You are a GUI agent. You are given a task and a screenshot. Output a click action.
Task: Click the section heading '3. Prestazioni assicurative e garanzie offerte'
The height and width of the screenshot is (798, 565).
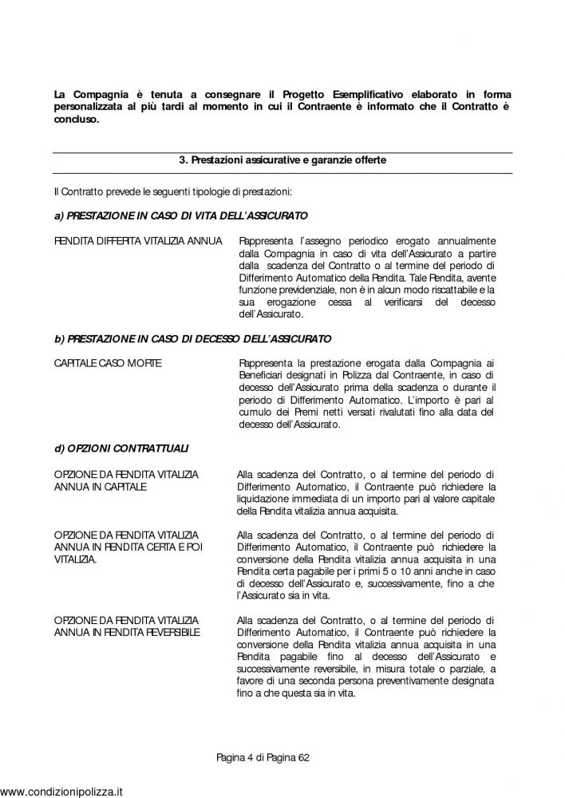(282, 160)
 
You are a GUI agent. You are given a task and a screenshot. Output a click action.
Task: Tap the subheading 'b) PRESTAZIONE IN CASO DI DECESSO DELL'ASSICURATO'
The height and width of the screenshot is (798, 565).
(192, 339)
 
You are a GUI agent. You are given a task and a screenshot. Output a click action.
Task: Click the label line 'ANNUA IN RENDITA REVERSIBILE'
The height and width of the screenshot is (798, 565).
(128, 633)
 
